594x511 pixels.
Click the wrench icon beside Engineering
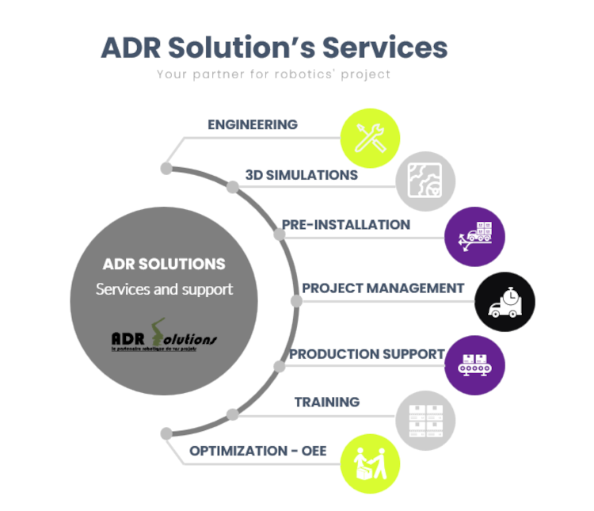tap(370, 137)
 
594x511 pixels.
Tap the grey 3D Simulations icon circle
tap(425, 181)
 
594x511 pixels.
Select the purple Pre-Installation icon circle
tap(474, 236)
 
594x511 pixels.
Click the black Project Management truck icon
tap(505, 302)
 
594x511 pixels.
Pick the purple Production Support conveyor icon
tap(474, 365)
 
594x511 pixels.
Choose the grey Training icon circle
tap(425, 421)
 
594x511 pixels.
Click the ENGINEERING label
tap(253, 125)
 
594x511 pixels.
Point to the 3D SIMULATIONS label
tap(302, 175)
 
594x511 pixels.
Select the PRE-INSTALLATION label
tap(346, 225)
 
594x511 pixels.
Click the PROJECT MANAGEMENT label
tap(383, 288)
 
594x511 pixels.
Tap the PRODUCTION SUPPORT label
tap(367, 354)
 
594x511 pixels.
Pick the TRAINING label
tap(327, 402)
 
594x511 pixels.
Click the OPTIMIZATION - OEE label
tap(258, 452)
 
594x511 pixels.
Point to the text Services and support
tap(164, 289)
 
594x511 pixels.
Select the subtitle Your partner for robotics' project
tap(273, 75)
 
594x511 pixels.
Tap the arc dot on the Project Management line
tap(296, 301)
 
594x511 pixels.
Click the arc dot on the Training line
tap(233, 414)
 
